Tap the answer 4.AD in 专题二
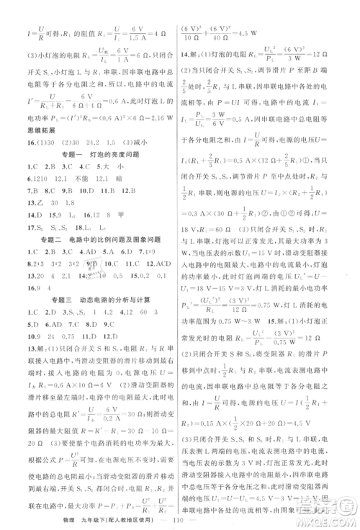[x=90, y=252]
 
